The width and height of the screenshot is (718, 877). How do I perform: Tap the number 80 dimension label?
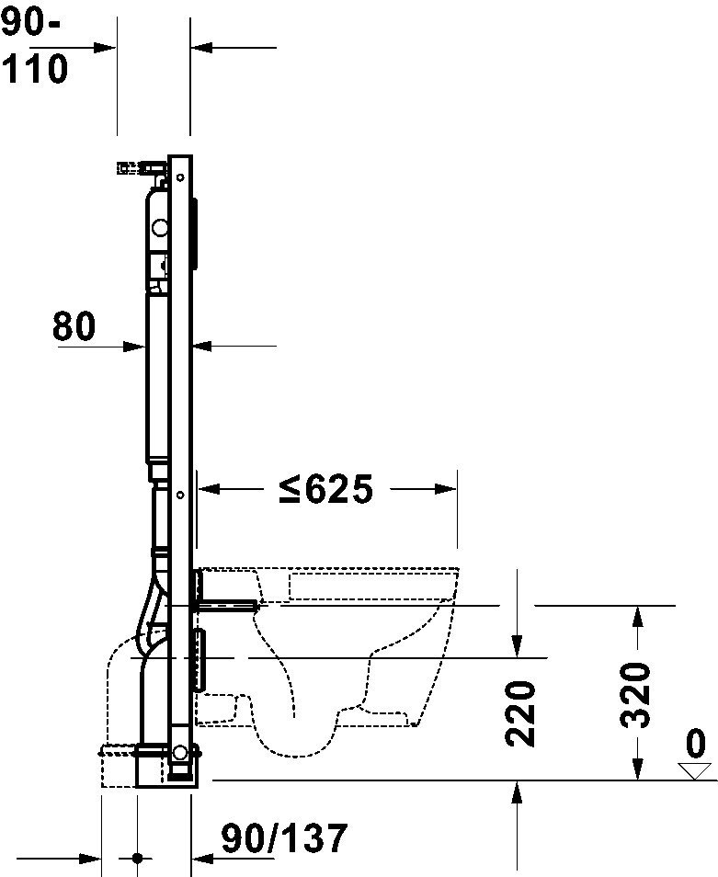[74, 326]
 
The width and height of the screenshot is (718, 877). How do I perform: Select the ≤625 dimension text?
[326, 489]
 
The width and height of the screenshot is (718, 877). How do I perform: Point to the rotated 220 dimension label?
[520, 713]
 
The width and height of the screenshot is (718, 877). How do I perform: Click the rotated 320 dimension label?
[636, 695]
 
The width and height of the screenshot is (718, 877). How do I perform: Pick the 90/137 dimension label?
[285, 837]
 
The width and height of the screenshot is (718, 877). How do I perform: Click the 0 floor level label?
[695, 744]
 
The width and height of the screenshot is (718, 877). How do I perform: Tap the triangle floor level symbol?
[694, 770]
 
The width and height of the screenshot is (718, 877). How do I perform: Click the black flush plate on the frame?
[194, 235]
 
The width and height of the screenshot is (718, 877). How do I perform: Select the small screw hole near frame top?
[180, 177]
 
